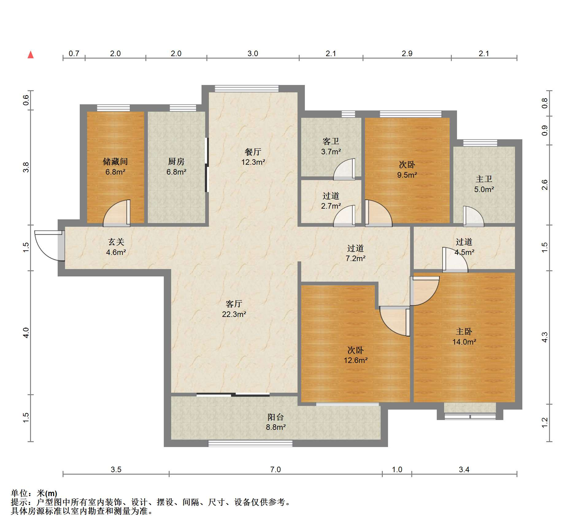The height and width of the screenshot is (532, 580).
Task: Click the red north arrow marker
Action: coord(31,55)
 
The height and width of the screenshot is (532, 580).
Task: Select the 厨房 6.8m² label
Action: coord(176,167)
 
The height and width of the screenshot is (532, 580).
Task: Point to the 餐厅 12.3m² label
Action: coord(253,157)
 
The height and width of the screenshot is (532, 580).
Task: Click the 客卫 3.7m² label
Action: coord(331,146)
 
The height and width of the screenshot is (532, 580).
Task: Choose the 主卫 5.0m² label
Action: coord(484,184)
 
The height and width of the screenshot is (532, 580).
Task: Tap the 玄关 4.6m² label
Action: coord(116,247)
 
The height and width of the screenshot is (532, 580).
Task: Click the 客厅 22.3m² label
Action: coord(234,309)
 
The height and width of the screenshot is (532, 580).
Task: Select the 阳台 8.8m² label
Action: coord(276,422)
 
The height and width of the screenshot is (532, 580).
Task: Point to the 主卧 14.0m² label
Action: coord(464,337)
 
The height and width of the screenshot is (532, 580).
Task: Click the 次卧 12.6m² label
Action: coord(355,355)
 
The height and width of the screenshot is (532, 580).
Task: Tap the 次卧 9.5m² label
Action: coord(407,170)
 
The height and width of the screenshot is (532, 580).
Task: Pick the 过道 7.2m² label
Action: coord(355,253)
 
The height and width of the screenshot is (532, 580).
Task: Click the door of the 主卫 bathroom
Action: coord(473,216)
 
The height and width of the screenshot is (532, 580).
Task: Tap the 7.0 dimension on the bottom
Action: coord(275,469)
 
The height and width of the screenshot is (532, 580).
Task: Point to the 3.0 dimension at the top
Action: coord(253,53)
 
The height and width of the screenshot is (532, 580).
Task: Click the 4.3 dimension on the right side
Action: coord(544,337)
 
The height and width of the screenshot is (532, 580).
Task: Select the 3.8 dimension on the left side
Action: coord(26,167)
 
